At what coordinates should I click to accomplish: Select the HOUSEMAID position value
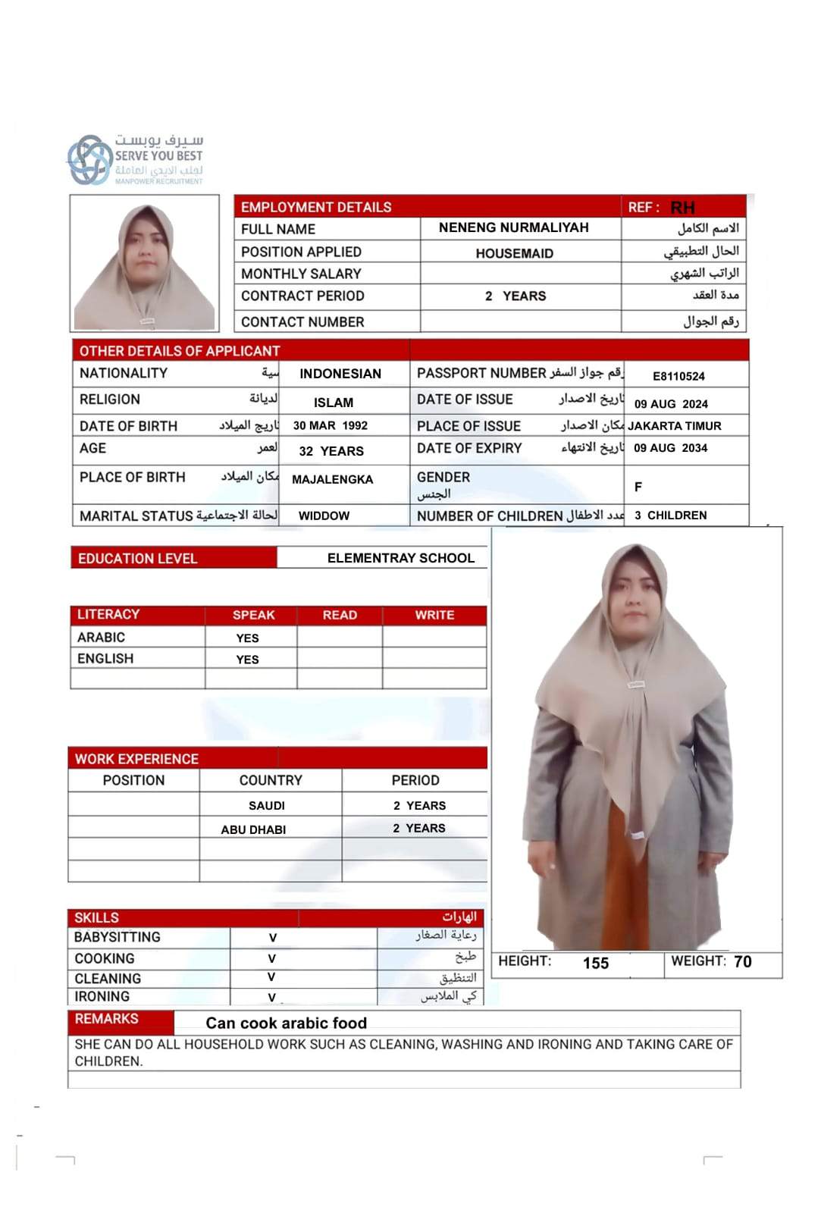(514, 253)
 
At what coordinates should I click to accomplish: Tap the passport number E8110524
(678, 376)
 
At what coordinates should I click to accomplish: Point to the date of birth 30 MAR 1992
(330, 426)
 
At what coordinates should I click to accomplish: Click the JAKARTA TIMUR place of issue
(674, 426)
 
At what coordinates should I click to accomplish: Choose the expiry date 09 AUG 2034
(670, 448)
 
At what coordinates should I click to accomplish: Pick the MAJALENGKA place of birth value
(332, 479)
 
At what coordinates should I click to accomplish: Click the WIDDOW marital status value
(324, 516)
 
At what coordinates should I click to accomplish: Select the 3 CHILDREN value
(670, 516)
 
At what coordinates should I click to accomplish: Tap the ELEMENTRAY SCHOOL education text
(400, 558)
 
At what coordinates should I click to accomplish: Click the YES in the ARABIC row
(247, 638)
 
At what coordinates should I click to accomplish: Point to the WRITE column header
(434, 615)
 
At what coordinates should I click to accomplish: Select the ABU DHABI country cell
(253, 829)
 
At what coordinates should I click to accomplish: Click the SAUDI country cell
(267, 805)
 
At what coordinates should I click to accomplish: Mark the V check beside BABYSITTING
(273, 938)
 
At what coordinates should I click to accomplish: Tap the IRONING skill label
(102, 996)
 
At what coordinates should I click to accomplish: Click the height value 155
(596, 963)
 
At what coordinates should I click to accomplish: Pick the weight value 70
(743, 961)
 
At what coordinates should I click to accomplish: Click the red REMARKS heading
(107, 1019)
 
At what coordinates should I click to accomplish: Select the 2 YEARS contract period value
(515, 296)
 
